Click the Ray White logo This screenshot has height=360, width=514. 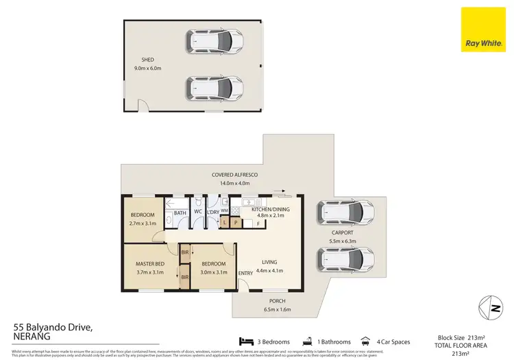[x=483, y=30]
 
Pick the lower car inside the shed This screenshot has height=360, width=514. [x=215, y=87]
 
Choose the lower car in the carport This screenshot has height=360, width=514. [x=345, y=259]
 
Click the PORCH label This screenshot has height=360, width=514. [x=277, y=301]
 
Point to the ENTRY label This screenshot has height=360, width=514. [x=245, y=274]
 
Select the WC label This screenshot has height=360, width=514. [x=197, y=213]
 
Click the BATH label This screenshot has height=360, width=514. [x=180, y=213]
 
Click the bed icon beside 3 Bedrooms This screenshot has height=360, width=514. [x=245, y=341]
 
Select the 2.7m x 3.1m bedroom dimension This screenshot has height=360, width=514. [x=143, y=223]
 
